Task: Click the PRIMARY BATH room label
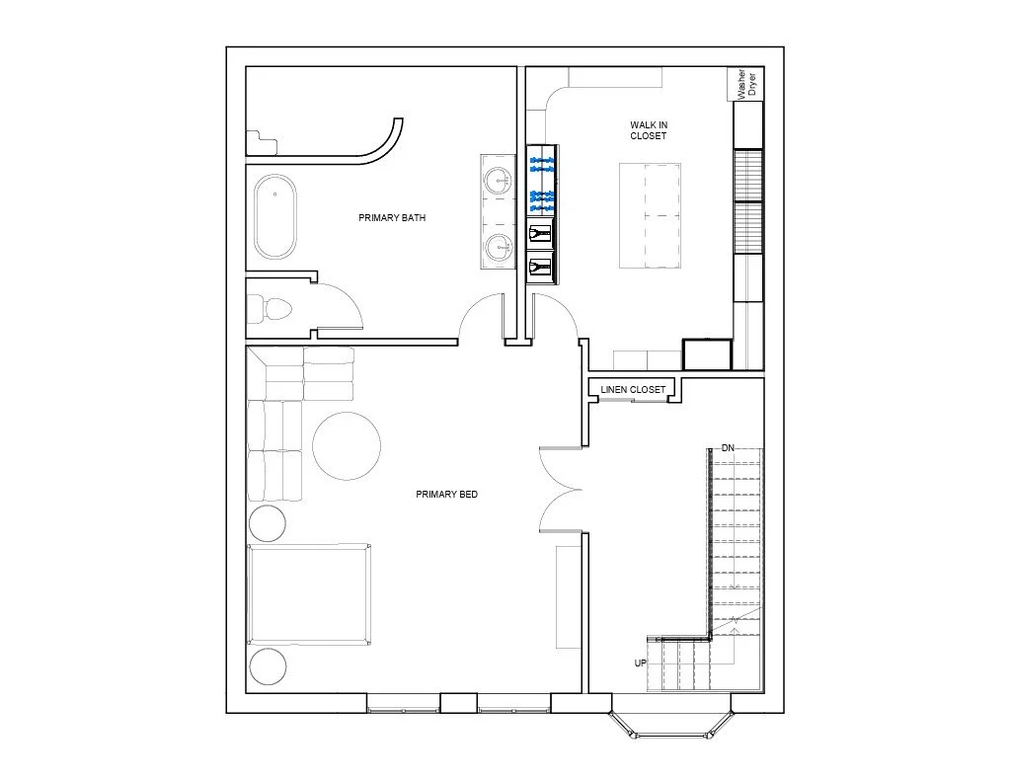click(392, 218)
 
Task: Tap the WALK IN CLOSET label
click(649, 130)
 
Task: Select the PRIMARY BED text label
click(447, 495)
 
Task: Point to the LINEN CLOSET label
click(633, 390)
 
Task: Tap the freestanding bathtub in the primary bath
click(275, 216)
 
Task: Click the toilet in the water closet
click(270, 308)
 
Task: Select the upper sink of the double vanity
click(499, 182)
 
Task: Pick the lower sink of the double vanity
click(499, 247)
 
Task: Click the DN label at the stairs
click(728, 448)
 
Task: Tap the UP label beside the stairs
click(640, 663)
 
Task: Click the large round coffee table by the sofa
click(347, 445)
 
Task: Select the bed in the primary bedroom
click(309, 594)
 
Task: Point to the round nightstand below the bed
click(267, 666)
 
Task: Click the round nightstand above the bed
click(267, 523)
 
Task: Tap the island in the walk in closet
click(650, 215)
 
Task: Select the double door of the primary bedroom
click(561, 490)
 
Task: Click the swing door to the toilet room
click(340, 306)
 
